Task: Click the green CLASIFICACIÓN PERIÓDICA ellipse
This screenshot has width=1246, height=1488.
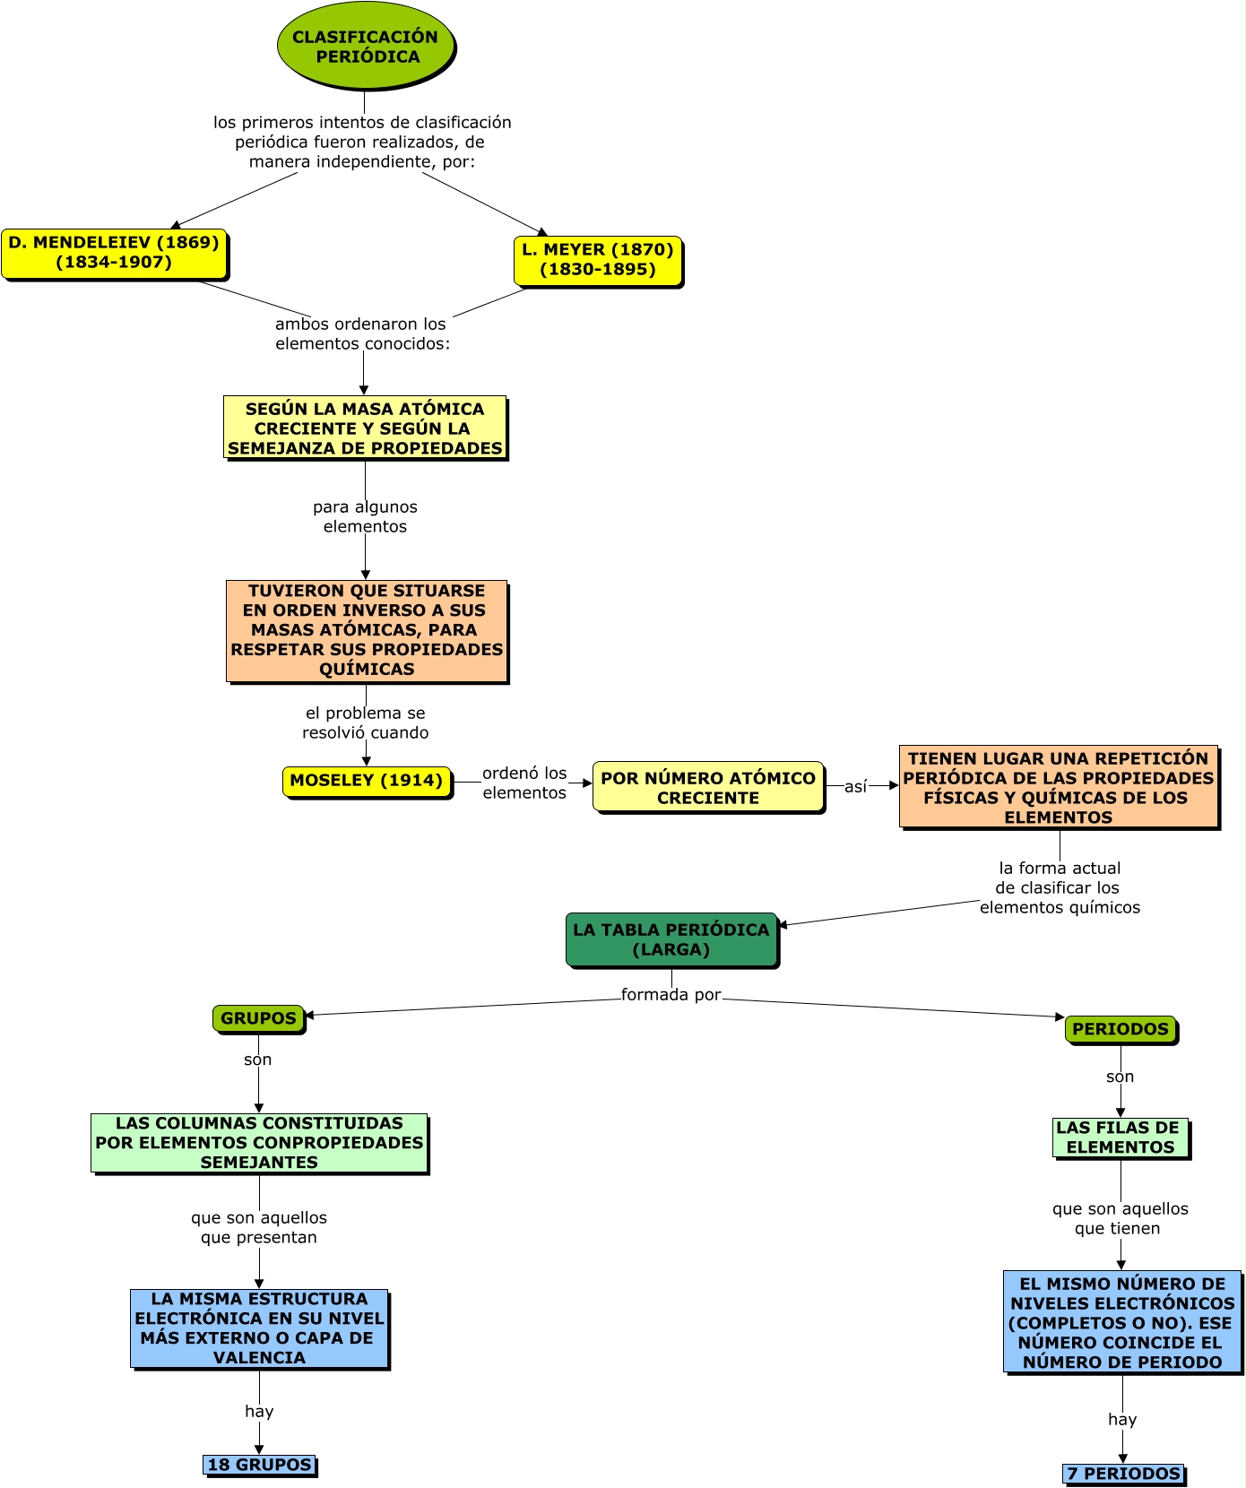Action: (366, 47)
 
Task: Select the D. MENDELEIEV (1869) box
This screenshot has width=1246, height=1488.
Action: (114, 253)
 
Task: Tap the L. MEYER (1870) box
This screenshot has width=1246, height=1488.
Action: (598, 260)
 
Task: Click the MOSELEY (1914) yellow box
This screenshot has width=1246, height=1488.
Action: (367, 781)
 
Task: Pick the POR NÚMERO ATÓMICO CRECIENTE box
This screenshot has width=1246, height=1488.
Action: (708, 788)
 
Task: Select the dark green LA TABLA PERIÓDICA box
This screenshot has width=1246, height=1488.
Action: (671, 939)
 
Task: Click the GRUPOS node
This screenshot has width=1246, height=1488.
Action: (258, 1018)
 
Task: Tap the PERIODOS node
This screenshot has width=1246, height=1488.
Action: (1121, 1029)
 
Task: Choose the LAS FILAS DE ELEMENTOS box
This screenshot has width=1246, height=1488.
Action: (1120, 1138)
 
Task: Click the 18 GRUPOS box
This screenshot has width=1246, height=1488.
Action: (259, 1465)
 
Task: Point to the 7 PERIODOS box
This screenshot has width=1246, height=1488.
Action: (1123, 1474)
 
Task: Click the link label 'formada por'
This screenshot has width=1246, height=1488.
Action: (671, 995)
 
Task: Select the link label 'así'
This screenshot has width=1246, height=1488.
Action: (856, 787)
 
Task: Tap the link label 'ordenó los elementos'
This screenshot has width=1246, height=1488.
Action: (524, 783)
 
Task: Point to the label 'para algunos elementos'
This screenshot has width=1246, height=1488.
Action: (365, 517)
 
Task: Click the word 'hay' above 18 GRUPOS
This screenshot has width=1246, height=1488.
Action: (259, 1412)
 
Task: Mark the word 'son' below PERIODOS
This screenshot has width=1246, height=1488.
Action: (1120, 1077)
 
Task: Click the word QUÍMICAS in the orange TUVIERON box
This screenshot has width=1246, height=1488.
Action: (367, 669)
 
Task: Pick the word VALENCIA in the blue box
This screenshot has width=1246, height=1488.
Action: (259, 1357)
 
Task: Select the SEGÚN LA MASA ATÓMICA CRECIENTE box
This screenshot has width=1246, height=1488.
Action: (365, 428)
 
